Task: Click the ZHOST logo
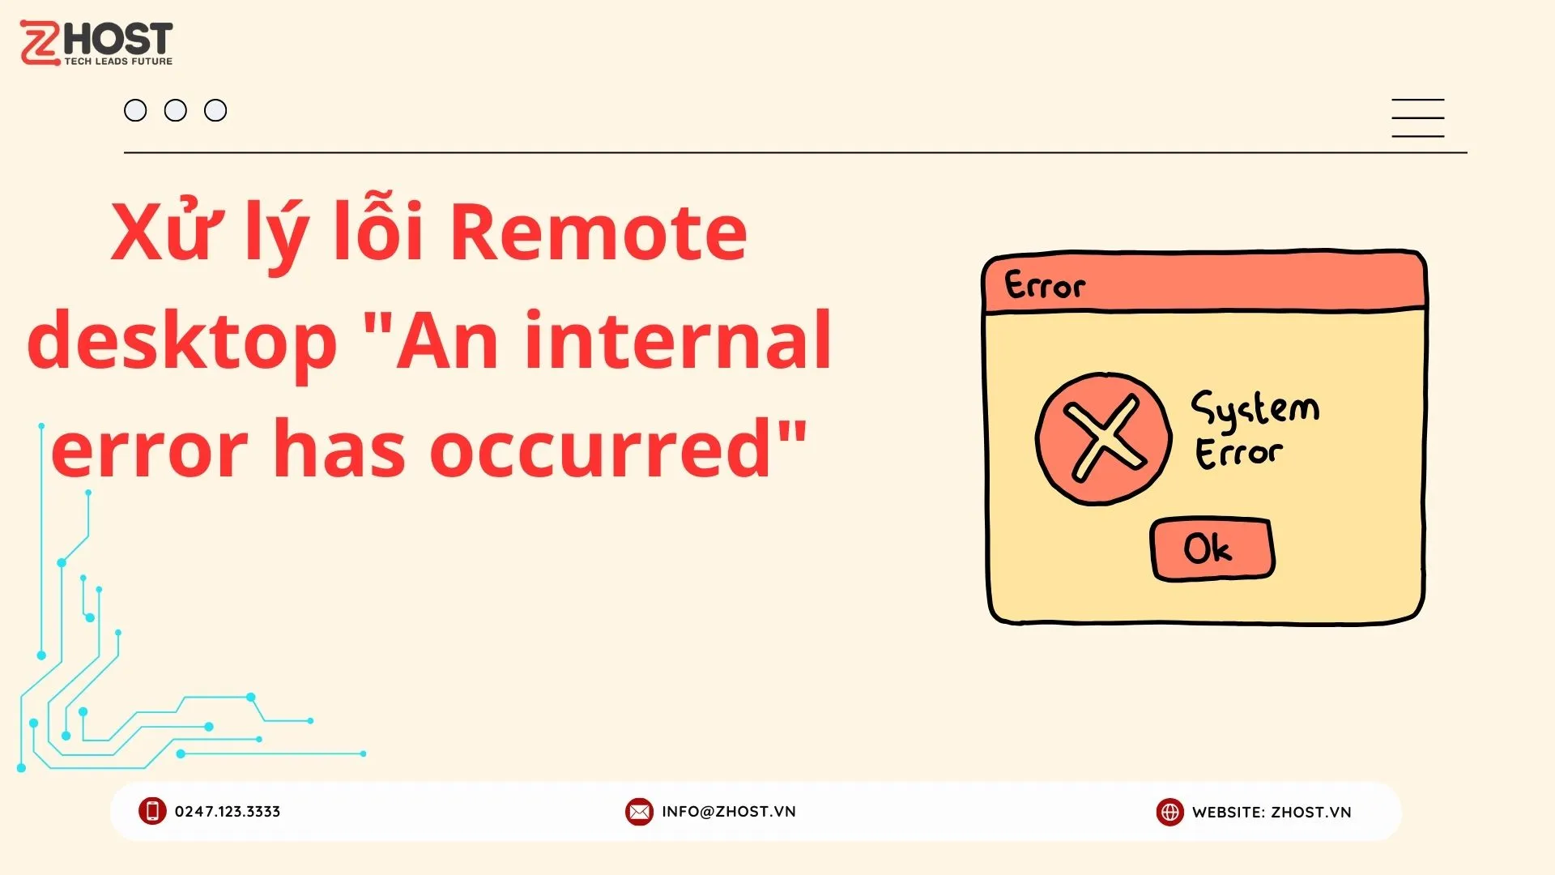pos(96,43)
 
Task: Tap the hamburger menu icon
pos(1417,118)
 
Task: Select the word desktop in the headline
pos(182,341)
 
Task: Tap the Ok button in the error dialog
pos(1212,549)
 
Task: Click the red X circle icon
pos(1104,439)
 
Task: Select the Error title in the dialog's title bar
pos(1045,285)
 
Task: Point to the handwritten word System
pos(1255,410)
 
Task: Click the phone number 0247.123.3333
pos(228,812)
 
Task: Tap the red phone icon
pos(152,811)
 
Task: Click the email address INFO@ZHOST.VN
pos(729,812)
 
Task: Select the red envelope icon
pos(639,812)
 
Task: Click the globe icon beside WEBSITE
pos(1169,812)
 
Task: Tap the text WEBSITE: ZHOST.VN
pos(1272,813)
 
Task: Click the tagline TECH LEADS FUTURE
pos(118,62)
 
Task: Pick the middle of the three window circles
pos(176,110)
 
